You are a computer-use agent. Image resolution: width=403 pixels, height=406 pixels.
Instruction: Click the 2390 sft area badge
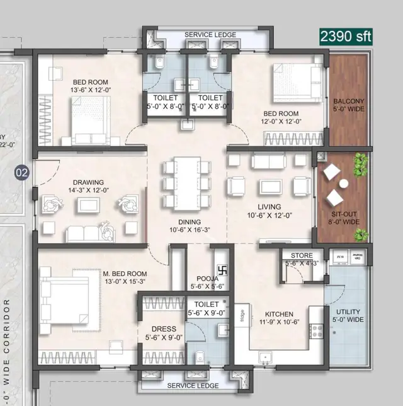344,36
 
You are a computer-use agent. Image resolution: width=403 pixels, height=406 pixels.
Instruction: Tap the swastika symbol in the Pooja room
220,274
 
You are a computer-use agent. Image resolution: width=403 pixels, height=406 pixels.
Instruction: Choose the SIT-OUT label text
343,214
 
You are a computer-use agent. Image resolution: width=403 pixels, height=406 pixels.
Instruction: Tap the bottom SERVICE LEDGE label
193,385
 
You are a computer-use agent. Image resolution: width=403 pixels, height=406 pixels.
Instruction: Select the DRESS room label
164,329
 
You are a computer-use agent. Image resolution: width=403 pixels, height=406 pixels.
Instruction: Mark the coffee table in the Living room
271,187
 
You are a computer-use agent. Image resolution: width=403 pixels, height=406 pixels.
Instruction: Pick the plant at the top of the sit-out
360,166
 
